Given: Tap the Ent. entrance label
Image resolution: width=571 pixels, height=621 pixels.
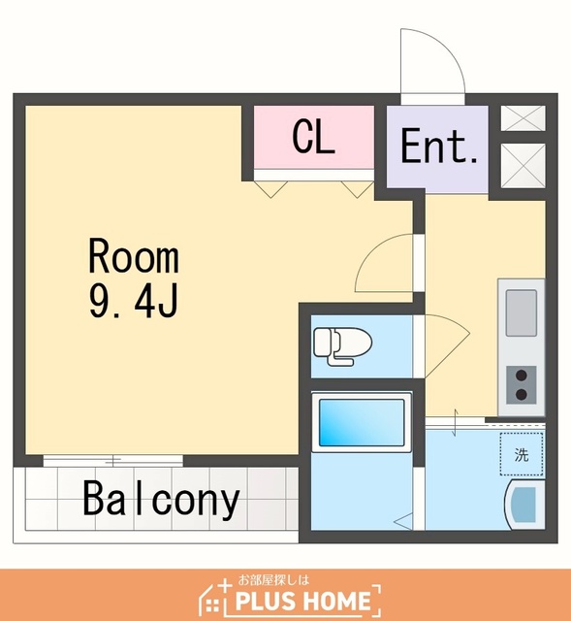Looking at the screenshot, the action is point(439,146).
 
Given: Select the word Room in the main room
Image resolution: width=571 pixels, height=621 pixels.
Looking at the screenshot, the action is point(134,255).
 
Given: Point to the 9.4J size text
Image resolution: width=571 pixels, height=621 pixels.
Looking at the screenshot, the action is point(134,302).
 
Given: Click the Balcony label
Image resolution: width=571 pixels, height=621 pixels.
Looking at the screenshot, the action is point(162,499).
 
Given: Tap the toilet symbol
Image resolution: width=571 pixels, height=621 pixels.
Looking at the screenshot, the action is point(342,346).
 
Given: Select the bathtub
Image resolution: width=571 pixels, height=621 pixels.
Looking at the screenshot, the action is point(362,422).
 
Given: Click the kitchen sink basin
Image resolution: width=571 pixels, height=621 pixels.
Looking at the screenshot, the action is point(522,312).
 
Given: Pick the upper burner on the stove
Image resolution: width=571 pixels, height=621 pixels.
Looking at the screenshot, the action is point(522,375).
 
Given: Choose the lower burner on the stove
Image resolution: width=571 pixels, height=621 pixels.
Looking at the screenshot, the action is point(522,394).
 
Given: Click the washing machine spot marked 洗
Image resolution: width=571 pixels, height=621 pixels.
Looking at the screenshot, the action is point(522,454).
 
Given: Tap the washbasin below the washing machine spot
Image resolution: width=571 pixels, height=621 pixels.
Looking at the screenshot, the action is point(524,505).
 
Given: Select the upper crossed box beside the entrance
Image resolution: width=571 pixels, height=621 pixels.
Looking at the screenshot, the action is point(523,117).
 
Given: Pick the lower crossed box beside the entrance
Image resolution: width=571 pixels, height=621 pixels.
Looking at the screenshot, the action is point(523,166).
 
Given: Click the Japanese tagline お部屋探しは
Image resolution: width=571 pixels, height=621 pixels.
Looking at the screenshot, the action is point(272,580).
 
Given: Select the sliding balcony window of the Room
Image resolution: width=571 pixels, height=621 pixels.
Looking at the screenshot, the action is point(113,461).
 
